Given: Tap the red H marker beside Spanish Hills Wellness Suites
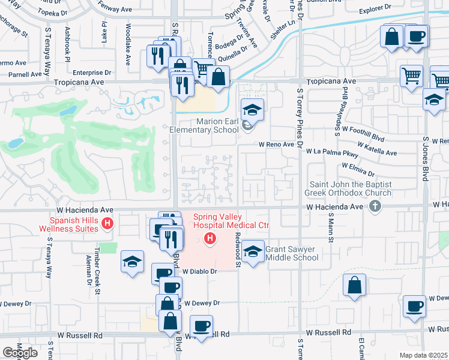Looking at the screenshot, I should click(107, 224).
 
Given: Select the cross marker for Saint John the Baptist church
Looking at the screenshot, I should click(375, 206).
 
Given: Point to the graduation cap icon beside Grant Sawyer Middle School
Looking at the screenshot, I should click(253, 251).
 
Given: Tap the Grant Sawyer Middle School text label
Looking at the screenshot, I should click(292, 253).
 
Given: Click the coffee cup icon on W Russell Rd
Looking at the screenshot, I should click(201, 326).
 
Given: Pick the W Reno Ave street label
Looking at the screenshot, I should click(276, 145).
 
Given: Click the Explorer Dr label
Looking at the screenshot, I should click(379, 10).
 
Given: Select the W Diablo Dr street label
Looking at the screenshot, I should click(199, 271).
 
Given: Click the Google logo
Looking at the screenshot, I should click(20, 352).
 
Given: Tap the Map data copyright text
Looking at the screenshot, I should click(424, 355).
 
